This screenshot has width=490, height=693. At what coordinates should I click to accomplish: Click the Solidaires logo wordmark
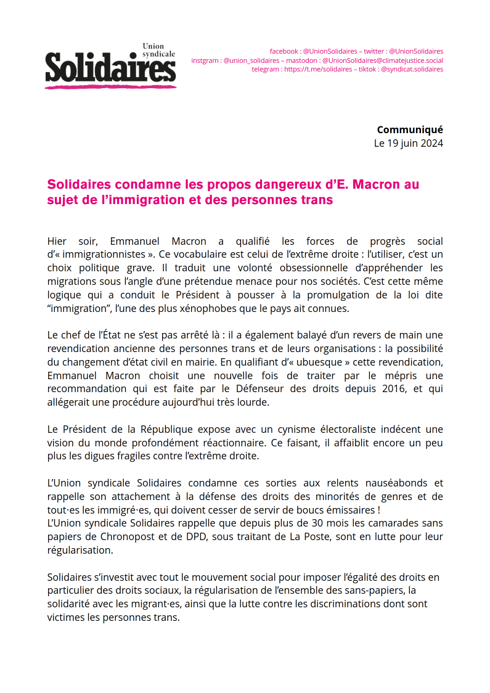point(110,67)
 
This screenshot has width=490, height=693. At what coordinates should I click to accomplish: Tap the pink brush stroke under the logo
point(110,86)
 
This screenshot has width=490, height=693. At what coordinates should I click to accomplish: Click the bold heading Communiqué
point(410,129)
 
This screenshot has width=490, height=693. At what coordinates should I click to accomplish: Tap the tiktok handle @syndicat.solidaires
point(412,70)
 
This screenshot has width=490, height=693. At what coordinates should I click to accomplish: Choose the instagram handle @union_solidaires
point(251,60)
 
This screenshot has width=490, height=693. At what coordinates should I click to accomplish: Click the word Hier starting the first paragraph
point(57,241)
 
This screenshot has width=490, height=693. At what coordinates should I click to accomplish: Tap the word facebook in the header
point(284,51)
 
